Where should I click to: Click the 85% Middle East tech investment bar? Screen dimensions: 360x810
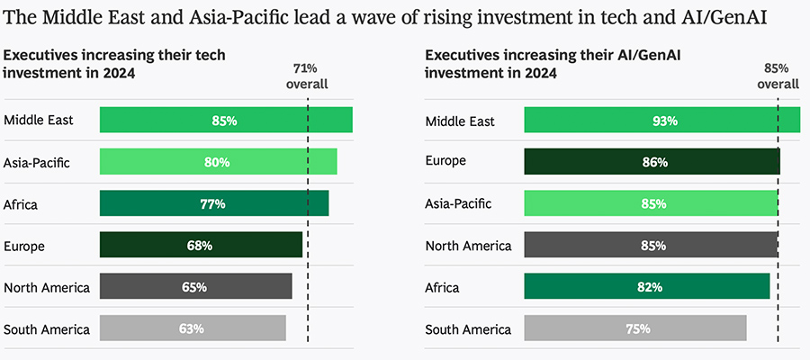pyautogui.click(x=226, y=120)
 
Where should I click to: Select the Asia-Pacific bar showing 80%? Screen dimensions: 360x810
pyautogui.click(x=218, y=162)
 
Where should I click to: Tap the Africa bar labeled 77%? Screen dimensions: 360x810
pyautogui.click(x=214, y=203)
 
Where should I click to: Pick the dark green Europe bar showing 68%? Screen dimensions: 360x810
pyautogui.click(x=201, y=245)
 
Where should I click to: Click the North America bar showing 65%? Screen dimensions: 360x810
pyautogui.click(x=195, y=287)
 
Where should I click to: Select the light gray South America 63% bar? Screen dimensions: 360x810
pyautogui.click(x=193, y=328)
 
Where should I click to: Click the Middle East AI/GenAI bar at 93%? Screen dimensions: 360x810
pyautogui.click(x=661, y=120)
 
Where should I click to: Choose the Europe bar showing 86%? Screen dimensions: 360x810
pyautogui.click(x=652, y=162)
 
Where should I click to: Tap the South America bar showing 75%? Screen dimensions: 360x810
pyautogui.click(x=634, y=328)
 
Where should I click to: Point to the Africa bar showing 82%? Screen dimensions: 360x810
pyautogui.click(x=646, y=287)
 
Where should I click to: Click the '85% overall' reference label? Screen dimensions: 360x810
pyautogui.click(x=777, y=76)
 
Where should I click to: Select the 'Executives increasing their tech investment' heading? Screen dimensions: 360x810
pyautogui.click(x=114, y=64)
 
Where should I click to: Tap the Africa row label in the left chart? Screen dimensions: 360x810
pyautogui.click(x=22, y=204)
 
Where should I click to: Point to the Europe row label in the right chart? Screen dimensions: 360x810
pyautogui.click(x=445, y=162)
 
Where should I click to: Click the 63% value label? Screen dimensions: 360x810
pyautogui.click(x=191, y=328)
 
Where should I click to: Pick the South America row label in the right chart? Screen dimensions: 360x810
pyautogui.click(x=468, y=329)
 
